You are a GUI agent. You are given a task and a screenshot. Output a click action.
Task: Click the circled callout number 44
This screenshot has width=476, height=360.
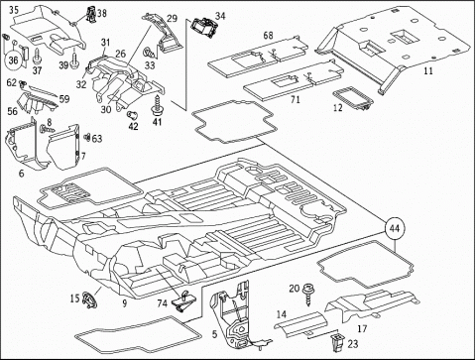395,228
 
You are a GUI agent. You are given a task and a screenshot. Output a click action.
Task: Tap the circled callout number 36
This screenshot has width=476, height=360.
14,60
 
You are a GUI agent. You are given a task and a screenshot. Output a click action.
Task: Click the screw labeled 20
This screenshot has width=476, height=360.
308,294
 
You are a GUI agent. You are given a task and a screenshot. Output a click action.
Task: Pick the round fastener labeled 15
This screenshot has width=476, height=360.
89,300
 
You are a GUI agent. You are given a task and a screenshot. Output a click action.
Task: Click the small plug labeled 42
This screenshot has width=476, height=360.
132,115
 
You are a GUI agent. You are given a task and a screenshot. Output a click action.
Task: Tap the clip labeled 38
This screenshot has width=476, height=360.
90,15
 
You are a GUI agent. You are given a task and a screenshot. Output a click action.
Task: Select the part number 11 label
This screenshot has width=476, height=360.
428,70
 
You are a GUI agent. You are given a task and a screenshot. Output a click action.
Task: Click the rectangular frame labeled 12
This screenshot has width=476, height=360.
353,98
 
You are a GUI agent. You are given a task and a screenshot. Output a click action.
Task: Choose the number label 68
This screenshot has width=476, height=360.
269,35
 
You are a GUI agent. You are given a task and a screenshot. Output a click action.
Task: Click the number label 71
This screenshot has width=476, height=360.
295,99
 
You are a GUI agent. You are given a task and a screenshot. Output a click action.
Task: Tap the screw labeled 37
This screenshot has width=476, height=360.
36,57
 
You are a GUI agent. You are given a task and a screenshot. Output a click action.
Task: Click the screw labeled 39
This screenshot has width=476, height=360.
74,60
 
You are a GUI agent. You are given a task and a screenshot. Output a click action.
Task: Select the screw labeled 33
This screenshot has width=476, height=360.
147,52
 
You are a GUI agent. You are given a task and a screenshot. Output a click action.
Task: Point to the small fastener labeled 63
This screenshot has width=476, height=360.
87,137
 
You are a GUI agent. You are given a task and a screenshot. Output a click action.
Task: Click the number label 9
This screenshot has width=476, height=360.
124,303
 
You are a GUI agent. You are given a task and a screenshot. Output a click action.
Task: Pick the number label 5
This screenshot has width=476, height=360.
214,334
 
